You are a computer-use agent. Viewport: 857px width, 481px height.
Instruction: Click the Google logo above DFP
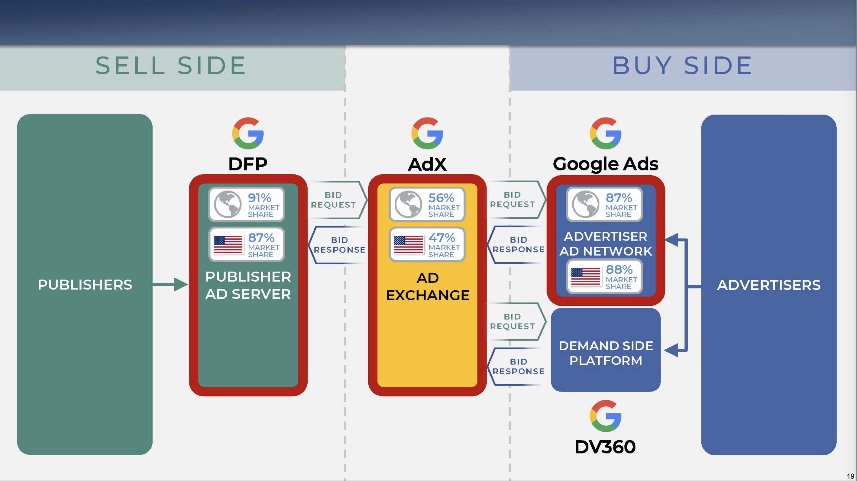pos(248,133)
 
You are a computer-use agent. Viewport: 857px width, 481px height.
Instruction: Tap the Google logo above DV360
pos(605,416)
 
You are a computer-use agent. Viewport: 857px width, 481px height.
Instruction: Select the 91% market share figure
pos(260,198)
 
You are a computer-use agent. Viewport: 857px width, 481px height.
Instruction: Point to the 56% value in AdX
pos(441,198)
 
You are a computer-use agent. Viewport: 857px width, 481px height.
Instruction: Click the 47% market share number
pos(441,238)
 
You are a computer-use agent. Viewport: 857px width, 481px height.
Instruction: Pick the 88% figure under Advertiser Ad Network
pos(619,270)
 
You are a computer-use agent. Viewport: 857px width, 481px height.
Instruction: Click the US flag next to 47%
pos(408,244)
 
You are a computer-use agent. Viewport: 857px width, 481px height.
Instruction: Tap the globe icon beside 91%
pos(228,204)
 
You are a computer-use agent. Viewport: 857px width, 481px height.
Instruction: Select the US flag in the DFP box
pos(228,244)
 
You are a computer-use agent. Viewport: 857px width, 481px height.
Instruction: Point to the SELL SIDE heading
pos(170,65)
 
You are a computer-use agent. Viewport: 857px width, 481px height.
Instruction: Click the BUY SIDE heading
pos(682,65)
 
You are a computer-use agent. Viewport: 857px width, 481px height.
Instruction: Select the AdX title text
pos(427,164)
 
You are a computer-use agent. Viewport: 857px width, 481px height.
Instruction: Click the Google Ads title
pos(606,164)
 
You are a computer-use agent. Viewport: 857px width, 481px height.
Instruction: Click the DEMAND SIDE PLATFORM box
pos(606,353)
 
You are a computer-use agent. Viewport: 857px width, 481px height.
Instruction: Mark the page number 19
pos(850,476)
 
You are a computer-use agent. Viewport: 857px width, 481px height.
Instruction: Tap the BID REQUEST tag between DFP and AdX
pos(334,200)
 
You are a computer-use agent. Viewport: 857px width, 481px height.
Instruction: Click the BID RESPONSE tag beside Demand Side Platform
pos(518,366)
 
